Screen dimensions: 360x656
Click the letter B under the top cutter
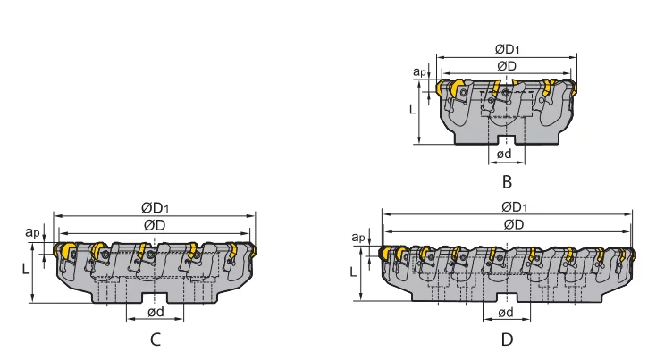(507, 182)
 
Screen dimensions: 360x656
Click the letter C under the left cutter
(156, 339)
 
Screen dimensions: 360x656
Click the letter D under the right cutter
(507, 339)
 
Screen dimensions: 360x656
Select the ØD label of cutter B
(507, 66)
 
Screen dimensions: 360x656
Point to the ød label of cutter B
(505, 155)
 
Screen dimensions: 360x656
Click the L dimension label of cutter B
(411, 109)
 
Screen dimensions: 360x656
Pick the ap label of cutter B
(418, 71)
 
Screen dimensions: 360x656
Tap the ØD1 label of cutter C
(156, 207)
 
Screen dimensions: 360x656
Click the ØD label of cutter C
(155, 224)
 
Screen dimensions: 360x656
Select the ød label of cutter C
(156, 312)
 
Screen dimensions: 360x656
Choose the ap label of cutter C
(32, 232)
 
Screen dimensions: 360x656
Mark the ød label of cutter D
(505, 312)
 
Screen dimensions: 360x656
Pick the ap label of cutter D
(357, 237)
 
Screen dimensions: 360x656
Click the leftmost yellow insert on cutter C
(65, 253)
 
